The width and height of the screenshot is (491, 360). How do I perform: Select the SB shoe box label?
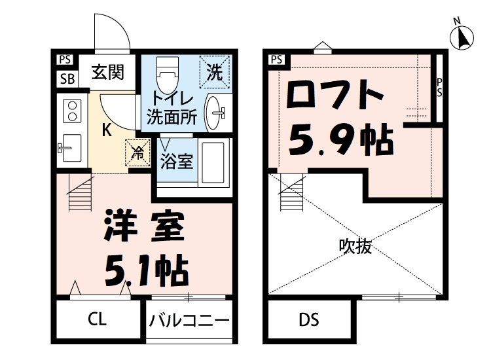(x=66, y=79)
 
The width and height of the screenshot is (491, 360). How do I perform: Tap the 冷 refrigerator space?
(x=138, y=153)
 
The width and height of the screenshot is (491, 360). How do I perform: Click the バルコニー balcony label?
(x=189, y=321)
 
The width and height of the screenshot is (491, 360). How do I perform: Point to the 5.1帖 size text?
(x=146, y=267)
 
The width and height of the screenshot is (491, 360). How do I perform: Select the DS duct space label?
(x=309, y=320)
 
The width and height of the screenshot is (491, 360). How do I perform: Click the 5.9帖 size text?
(x=340, y=139)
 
